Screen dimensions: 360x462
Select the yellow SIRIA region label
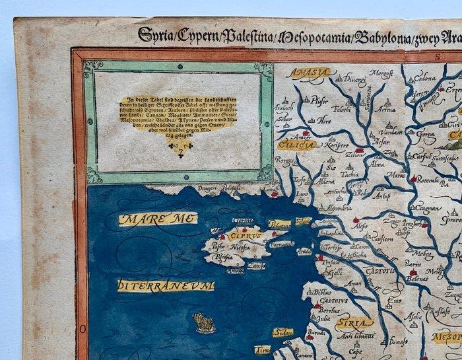click(x=354, y=323)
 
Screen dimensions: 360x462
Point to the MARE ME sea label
click(x=150, y=219)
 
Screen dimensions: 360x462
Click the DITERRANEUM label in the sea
click(x=166, y=285)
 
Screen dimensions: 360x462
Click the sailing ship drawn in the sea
click(x=204, y=322)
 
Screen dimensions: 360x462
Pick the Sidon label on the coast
click(x=282, y=332)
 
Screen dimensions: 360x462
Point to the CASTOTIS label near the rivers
click(x=381, y=270)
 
